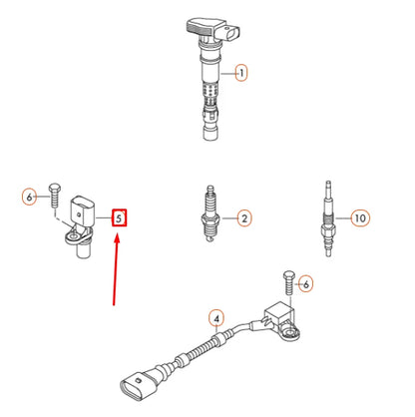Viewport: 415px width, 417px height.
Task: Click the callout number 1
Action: click(239, 72)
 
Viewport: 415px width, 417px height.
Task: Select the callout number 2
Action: click(242, 217)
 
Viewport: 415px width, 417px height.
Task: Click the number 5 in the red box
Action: click(119, 216)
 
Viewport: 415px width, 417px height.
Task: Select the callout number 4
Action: click(213, 320)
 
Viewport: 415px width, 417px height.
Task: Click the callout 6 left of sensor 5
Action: click(29, 198)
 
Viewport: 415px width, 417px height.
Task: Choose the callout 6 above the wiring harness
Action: click(306, 284)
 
